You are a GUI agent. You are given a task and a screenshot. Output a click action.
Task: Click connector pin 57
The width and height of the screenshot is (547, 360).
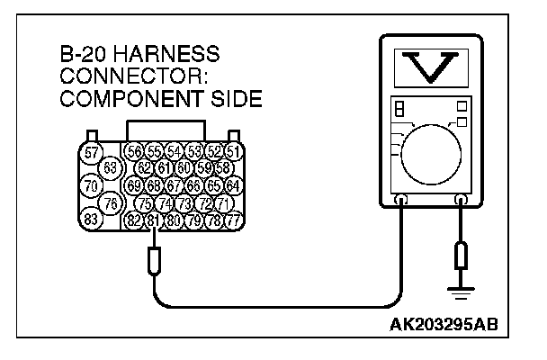tap(92, 153)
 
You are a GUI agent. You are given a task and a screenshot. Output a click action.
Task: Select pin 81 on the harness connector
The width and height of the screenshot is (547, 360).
tap(153, 220)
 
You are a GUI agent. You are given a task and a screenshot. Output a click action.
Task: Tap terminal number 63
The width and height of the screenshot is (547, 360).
tap(112, 167)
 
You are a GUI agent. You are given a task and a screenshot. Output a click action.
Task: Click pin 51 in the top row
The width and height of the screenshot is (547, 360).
tap(233, 151)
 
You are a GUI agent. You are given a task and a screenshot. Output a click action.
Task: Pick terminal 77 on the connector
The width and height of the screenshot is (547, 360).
tap(233, 220)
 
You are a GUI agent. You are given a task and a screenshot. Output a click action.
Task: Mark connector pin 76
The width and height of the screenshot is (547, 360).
tap(112, 202)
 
